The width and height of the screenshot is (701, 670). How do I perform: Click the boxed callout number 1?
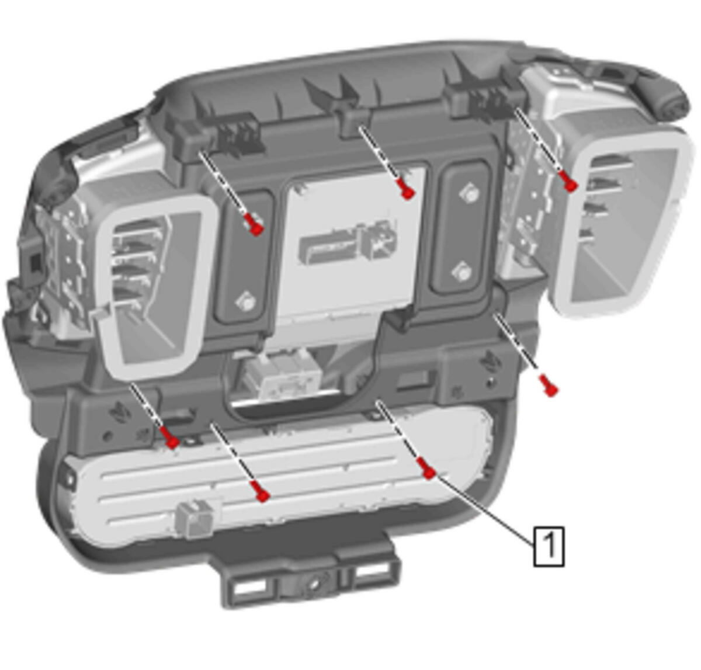pos(549,546)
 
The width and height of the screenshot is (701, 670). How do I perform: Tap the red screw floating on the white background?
pos(549,385)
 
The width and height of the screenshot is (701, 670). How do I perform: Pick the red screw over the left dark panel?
pos(254,224)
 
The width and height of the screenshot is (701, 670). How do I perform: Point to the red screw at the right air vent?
pos(568,182)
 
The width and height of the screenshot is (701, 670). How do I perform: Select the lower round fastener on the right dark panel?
pos(462,272)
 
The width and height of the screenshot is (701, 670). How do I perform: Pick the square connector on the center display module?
pos(380,239)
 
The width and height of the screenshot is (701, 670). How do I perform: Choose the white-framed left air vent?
pos(157,288)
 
